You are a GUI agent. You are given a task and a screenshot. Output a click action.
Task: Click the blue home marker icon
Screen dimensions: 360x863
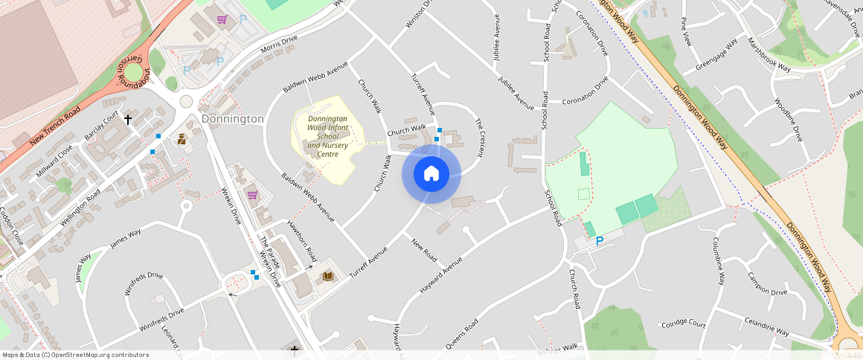coord(431,174)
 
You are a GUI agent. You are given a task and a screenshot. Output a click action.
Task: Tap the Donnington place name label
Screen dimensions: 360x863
coord(233,119)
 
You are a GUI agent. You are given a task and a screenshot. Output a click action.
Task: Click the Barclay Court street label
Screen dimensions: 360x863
coord(102,128)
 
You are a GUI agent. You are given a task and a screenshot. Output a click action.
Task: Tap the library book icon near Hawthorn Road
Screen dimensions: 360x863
coord(328,276)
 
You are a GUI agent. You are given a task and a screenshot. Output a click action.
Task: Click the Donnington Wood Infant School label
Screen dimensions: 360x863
coord(327,136)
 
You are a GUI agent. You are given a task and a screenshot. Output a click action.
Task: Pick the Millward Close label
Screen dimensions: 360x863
coord(55,161)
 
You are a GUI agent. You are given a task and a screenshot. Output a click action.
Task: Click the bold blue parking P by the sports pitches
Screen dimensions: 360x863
coord(600,241)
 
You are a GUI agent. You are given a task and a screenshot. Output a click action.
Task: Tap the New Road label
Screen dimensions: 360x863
coord(423,249)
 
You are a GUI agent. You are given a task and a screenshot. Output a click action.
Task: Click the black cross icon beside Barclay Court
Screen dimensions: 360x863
coord(127,119)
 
